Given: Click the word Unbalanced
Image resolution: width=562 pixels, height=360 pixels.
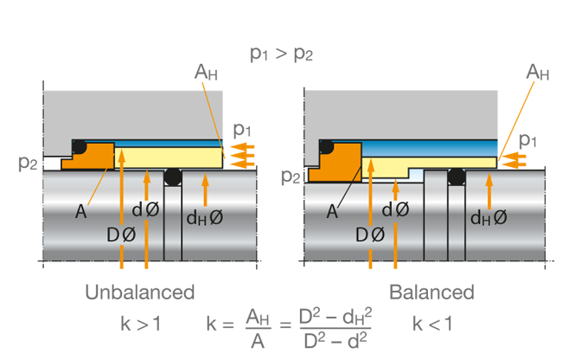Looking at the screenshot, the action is coord(140,292).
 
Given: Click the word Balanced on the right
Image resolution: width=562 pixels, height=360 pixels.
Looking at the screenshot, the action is coord(432,292).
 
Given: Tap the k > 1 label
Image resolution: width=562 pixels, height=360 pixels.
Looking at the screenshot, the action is coord(140,324).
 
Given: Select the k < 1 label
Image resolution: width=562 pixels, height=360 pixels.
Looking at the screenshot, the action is coord(432,324).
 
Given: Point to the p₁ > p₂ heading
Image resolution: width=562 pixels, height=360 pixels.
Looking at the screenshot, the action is coord(281,54).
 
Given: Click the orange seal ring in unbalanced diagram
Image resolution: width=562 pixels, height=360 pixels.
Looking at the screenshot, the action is coord(90,156).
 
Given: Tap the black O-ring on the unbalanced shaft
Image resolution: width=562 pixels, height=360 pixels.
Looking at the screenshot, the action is coord(173,177).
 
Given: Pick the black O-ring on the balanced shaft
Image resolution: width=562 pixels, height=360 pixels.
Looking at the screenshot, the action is coord(457,177).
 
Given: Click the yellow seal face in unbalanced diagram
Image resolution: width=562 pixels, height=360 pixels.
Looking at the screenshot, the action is coord(169,157).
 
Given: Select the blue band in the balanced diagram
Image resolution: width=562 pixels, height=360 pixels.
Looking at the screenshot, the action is coord(430,149).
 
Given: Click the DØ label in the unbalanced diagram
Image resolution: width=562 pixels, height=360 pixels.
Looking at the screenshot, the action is coord(121,235).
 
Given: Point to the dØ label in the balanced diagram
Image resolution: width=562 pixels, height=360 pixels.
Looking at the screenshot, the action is coord(395,209).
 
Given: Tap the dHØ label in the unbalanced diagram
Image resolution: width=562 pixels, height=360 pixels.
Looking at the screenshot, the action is coord(205,218).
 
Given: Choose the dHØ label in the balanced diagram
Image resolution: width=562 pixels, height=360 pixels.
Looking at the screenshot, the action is coord(489,218).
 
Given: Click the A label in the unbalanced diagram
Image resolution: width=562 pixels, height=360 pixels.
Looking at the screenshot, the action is coord(81,212).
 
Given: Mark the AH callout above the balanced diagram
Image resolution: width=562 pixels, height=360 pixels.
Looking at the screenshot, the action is coord(538,72).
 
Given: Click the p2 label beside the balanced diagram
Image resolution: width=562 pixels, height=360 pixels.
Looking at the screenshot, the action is coord(291,176).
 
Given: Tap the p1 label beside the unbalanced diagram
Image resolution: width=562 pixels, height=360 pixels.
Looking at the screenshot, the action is coord(242,130).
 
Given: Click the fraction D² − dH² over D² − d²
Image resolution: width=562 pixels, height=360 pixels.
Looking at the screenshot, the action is coord(335,328).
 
